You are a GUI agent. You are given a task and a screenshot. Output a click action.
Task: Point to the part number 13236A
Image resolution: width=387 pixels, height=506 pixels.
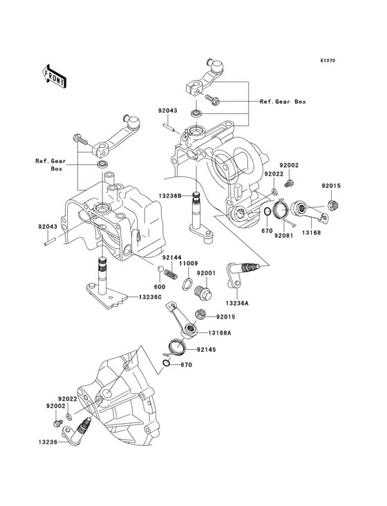pyautogui.click(x=256, y=302)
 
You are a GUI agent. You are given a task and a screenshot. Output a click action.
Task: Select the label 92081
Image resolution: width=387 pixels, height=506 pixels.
pyautogui.click(x=284, y=235)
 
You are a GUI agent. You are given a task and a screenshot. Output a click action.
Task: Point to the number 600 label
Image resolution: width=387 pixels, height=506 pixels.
pyautogui.click(x=159, y=286)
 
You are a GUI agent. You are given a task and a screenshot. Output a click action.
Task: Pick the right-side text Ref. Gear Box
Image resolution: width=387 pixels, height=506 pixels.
pyautogui.click(x=282, y=102)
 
